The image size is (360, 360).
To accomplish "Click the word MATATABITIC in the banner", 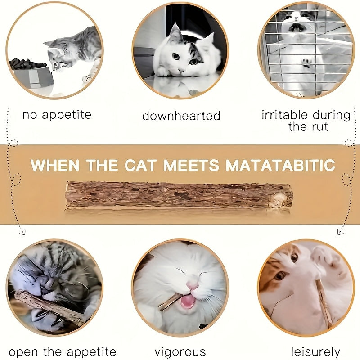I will tap(280, 165).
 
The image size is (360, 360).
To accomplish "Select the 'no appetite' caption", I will tap(57, 115).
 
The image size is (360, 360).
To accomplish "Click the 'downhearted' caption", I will tap(181, 116).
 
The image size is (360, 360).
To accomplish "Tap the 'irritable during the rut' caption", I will tap(306, 120).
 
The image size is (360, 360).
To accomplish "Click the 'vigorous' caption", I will tap(180, 351).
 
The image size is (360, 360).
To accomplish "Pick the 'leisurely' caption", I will tap(315, 351).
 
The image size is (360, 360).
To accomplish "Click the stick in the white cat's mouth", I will tap(170, 302).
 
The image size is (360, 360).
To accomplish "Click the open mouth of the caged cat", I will tap(296, 27).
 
